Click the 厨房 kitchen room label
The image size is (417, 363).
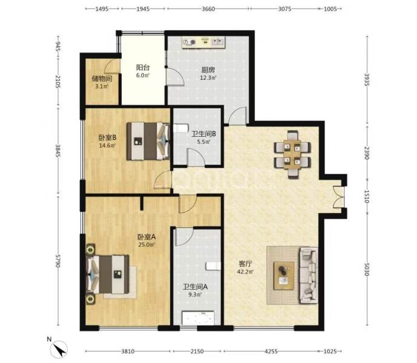click(208, 69)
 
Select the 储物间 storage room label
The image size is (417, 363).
click(101, 77)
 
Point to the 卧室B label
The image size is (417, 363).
click(107, 137)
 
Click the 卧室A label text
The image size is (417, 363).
click(145, 237)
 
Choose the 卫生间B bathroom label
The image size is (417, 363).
click(201, 134)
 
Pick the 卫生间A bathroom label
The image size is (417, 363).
click(196, 287)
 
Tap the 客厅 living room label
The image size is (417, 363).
click(245, 264)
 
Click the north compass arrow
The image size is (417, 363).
click(61, 349)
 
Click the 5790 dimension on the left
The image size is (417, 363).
click(57, 261)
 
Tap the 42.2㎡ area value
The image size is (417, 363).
click(245, 272)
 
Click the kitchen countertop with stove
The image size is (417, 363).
click(202, 42)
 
